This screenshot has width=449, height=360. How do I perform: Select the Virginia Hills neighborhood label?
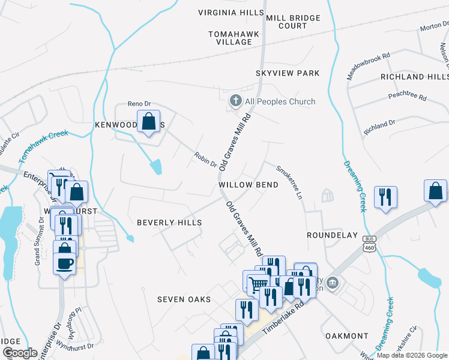click(x=231, y=13)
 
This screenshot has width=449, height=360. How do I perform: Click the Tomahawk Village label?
click(x=234, y=38)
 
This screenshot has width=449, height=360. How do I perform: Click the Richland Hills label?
click(x=414, y=77)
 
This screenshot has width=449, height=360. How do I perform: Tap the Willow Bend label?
click(x=249, y=185)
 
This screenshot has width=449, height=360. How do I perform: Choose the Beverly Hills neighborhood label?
click(x=169, y=222)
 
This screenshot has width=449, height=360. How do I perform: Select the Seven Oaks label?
click(x=184, y=299)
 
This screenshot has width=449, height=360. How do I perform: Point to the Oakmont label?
click(x=346, y=335)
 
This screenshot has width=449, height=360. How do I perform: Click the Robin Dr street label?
click(x=205, y=160)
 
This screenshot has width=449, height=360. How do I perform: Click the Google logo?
click(x=20, y=353)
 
